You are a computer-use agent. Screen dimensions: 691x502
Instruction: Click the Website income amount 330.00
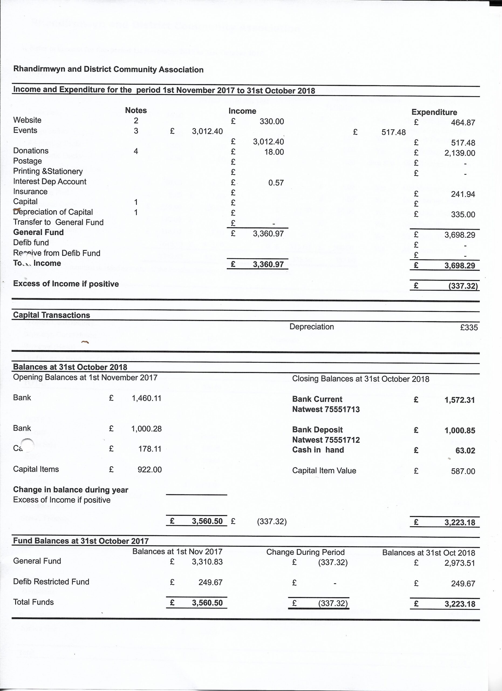click(x=272, y=121)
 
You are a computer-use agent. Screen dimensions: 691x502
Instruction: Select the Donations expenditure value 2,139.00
click(x=459, y=153)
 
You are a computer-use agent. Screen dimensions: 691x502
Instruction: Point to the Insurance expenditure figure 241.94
click(x=463, y=194)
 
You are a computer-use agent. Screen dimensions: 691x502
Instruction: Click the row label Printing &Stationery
click(x=48, y=171)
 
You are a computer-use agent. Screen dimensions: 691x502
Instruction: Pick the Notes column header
click(x=136, y=110)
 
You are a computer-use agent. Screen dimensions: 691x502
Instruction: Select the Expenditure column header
click(x=434, y=112)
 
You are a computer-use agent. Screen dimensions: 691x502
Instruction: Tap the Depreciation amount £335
click(x=469, y=327)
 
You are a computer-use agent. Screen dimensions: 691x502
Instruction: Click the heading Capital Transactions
click(x=52, y=315)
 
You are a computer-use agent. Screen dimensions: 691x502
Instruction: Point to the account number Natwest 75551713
click(x=326, y=409)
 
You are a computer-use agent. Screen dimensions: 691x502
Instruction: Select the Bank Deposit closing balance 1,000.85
click(x=460, y=431)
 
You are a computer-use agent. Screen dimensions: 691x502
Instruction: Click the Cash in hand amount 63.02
click(x=465, y=450)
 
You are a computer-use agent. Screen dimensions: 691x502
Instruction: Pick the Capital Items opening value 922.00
click(x=149, y=469)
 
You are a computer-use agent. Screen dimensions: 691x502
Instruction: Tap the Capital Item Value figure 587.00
click(x=463, y=471)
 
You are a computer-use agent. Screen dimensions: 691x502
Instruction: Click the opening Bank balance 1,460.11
click(x=146, y=398)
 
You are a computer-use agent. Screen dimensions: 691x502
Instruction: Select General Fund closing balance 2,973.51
click(x=460, y=563)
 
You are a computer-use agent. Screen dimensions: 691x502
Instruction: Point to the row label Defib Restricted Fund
click(x=51, y=582)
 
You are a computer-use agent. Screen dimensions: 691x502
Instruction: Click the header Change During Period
click(x=305, y=552)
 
